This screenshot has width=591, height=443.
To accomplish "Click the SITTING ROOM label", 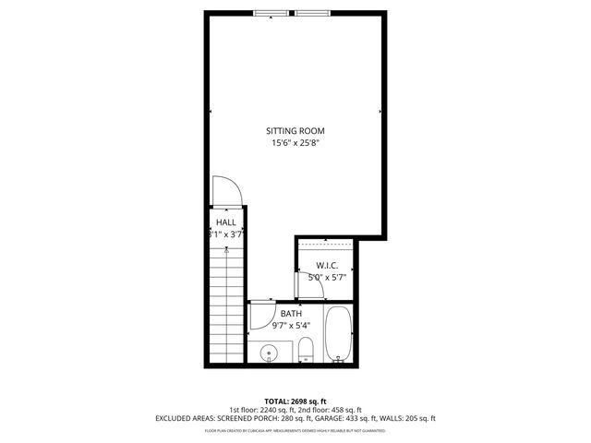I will pyautogui.click(x=296, y=130).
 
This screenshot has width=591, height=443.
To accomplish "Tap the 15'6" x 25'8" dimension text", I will pyautogui.click(x=296, y=143).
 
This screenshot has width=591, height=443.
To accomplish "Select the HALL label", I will pyautogui.click(x=226, y=222).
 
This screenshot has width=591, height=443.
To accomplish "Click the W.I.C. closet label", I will pyautogui.click(x=329, y=265).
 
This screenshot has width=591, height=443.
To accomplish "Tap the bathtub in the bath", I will pyautogui.click(x=338, y=333).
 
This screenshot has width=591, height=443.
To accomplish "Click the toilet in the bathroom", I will pyautogui.click(x=307, y=350).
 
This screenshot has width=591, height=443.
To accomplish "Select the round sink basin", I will pyautogui.click(x=270, y=352).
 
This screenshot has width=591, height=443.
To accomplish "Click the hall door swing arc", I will pyautogui.click(x=229, y=189).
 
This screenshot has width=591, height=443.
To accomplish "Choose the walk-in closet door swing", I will pyautogui.click(x=311, y=287).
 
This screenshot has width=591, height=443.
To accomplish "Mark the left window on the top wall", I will pyautogui.click(x=271, y=13).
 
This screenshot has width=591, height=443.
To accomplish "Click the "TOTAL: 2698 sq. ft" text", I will pyautogui.click(x=295, y=401).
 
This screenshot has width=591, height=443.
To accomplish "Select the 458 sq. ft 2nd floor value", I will pyautogui.click(x=347, y=410).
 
